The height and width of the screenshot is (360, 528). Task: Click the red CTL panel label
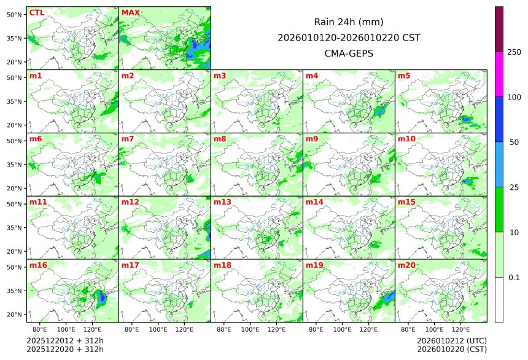[x=36, y=12]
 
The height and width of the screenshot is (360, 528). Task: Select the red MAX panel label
[x=130, y=12]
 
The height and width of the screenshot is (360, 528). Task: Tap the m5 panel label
[x=404, y=76]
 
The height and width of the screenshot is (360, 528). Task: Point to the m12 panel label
[x=130, y=202]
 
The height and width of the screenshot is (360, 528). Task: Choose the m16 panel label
[x=38, y=265]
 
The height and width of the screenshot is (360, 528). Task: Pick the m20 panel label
[x=406, y=265]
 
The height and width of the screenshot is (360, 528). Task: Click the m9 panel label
[x=312, y=139]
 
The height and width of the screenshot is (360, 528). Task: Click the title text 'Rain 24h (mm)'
[x=349, y=22]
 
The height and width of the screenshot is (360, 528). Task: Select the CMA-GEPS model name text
[x=349, y=53]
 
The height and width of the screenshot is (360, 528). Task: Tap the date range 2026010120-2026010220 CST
[x=349, y=37]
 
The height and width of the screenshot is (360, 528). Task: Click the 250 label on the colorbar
[x=514, y=52]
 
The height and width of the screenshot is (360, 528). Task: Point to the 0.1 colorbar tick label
[x=514, y=277]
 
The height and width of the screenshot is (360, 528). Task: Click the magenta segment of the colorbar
[x=499, y=74]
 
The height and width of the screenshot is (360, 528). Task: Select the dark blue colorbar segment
[x=499, y=119]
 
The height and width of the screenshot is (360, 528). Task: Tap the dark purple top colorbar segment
[x=499, y=29]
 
